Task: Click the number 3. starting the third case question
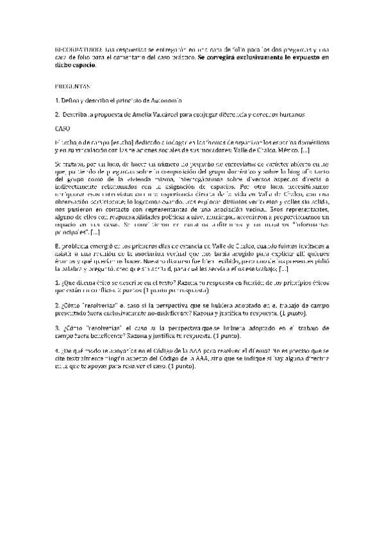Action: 57,327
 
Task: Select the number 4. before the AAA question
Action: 57,351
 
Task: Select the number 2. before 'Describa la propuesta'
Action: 57,115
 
